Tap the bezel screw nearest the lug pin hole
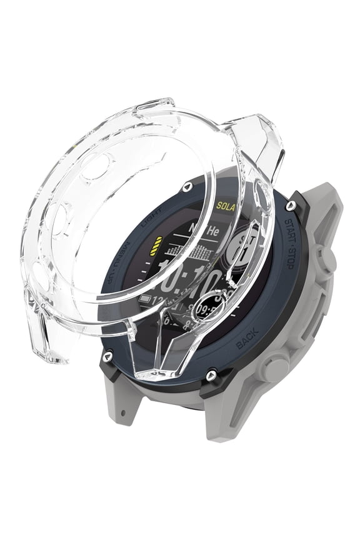click(x=110, y=354)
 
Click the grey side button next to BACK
click(x=277, y=368)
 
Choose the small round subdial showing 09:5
click(x=207, y=307)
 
